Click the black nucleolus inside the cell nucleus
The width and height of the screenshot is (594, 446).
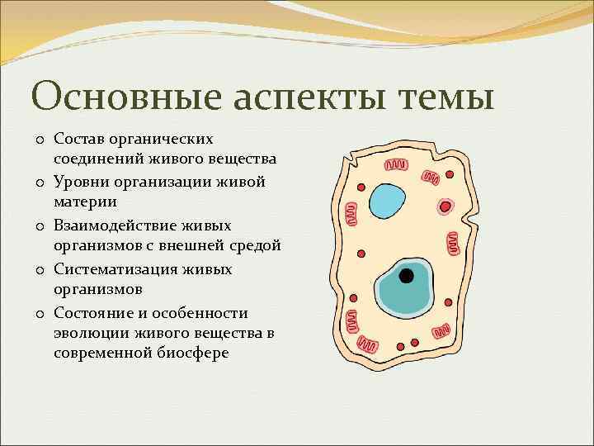pos(406,277)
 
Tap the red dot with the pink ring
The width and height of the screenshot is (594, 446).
pos(445,206)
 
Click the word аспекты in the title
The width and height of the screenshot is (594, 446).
pos(310,98)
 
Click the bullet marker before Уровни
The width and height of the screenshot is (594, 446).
pos(39,181)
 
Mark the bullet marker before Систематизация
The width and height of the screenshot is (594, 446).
pos(39,270)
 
